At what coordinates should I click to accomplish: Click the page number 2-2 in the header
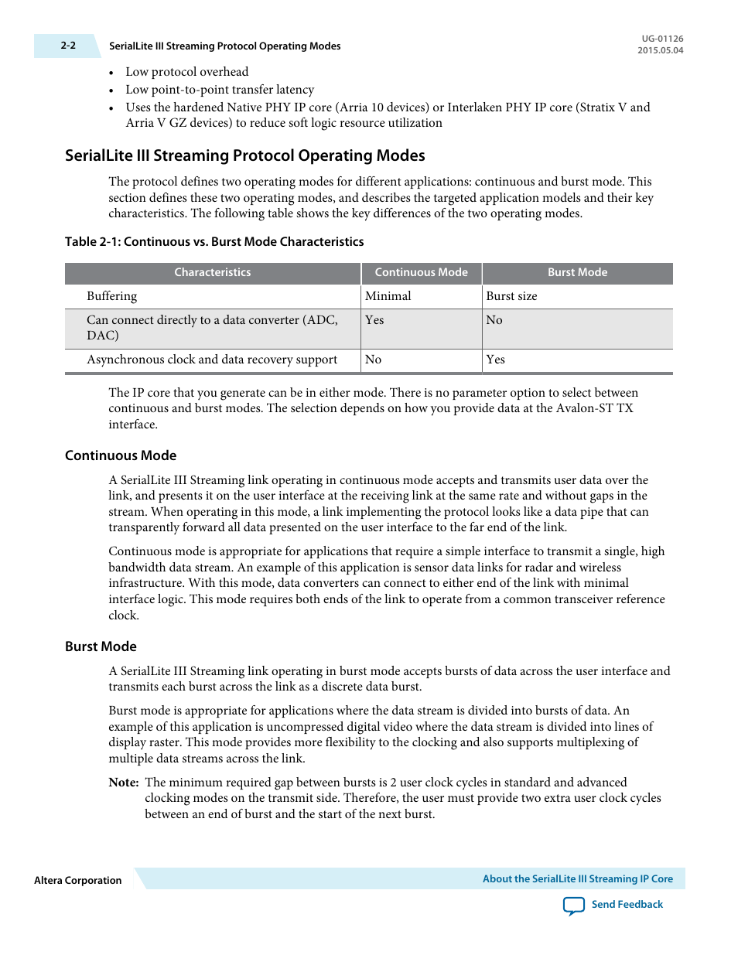click(68, 46)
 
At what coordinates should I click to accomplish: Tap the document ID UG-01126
click(662, 39)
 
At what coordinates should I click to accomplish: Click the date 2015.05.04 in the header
click(660, 50)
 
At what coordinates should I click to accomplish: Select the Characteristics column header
click(212, 272)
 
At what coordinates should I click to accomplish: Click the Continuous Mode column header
click(421, 272)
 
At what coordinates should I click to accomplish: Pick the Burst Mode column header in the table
click(577, 272)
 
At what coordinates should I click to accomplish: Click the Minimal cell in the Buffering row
click(388, 296)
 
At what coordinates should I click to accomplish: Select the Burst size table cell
click(511, 296)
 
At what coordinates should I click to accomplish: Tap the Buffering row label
click(112, 296)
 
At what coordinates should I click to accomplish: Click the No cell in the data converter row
click(494, 320)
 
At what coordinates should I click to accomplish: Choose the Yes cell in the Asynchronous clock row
click(496, 360)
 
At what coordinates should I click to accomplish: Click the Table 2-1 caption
click(214, 242)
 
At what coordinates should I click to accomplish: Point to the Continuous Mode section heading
click(121, 455)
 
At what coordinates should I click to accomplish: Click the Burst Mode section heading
click(101, 646)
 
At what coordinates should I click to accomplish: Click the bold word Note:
click(124, 783)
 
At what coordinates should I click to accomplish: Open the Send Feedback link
click(627, 905)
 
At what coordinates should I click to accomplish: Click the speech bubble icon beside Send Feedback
click(574, 906)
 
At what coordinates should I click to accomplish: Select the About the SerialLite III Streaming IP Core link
click(577, 879)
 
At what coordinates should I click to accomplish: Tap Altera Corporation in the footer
click(78, 881)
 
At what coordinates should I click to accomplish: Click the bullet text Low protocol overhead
click(187, 72)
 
